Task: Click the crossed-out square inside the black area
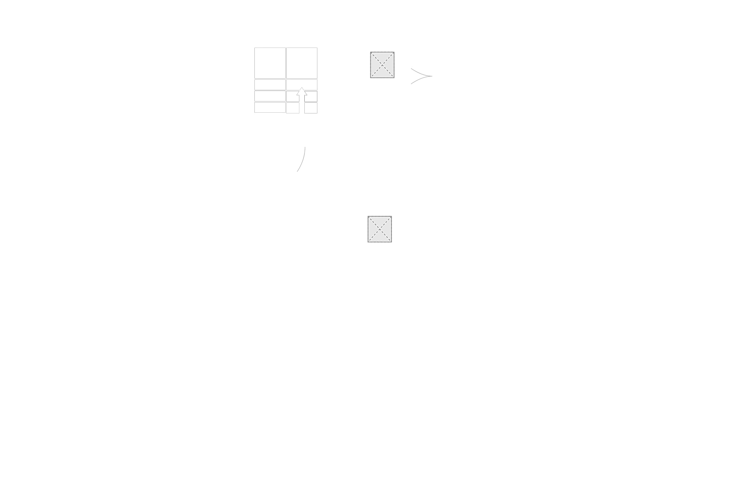click(x=382, y=65)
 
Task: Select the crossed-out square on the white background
click(x=379, y=229)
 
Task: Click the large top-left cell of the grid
click(x=268, y=63)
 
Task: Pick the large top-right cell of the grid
click(x=302, y=63)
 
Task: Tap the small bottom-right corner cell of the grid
click(x=311, y=108)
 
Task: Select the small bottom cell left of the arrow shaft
click(x=293, y=108)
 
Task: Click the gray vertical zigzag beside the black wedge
click(x=302, y=160)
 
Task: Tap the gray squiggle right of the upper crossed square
click(x=420, y=76)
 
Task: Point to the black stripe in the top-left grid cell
click(x=284, y=63)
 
